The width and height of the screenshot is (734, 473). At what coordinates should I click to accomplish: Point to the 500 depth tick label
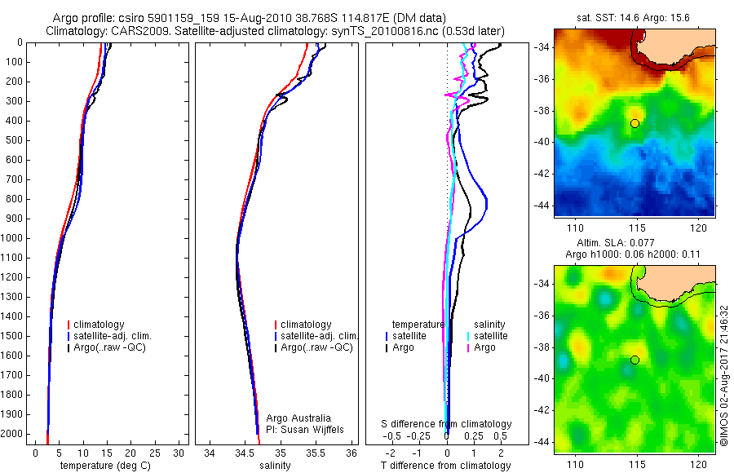click(13, 140)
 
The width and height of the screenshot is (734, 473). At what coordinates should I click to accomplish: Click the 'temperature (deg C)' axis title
click(104, 466)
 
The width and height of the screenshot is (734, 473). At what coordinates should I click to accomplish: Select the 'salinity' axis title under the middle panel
click(275, 466)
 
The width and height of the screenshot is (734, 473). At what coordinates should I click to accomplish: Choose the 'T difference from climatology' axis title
click(445, 466)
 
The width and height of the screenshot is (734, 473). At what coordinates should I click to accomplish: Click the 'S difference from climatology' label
click(447, 424)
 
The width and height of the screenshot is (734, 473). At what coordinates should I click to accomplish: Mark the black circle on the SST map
click(635, 123)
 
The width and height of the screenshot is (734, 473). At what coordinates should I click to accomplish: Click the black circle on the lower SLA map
click(635, 360)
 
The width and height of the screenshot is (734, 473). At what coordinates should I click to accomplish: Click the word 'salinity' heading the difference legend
click(491, 324)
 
